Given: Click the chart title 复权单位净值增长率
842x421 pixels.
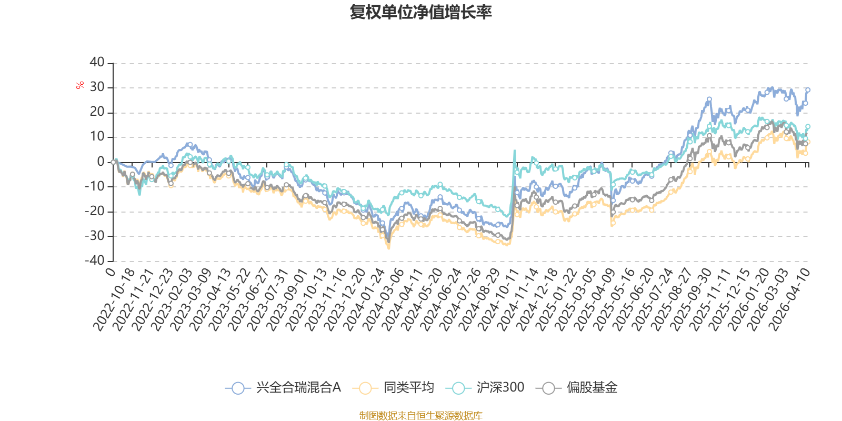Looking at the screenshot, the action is coord(420,12).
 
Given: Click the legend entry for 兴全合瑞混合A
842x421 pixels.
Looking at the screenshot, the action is coord(283,387).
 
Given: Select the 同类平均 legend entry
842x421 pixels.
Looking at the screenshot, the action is coord(393,387).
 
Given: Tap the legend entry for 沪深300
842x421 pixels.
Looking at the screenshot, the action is coord(485,387).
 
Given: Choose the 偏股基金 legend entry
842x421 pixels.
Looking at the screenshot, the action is coord(577,387).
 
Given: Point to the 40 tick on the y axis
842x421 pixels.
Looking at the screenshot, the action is coord(97,63).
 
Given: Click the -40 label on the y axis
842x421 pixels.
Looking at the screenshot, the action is coord(94,260).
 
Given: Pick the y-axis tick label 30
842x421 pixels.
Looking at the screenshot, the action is coord(97,87).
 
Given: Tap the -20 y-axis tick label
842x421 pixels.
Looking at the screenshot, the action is coord(94,211).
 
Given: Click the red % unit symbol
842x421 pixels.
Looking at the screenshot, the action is coord(79,85).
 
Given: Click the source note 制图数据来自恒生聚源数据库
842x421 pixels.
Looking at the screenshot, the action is coord(420,415).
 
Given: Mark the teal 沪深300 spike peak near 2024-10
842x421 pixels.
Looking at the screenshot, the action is coord(515,151).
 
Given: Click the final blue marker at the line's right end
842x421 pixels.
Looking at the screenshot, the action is coord(807,90).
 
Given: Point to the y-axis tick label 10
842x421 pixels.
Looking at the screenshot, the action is coord(97,137).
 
